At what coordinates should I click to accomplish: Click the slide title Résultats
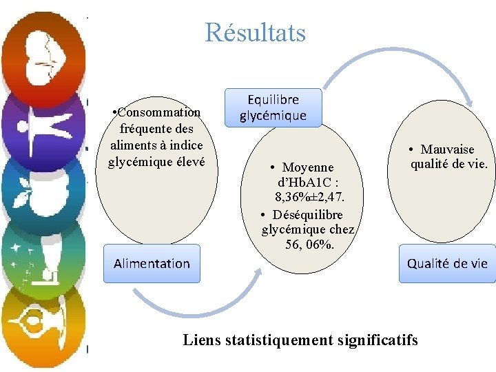point(255,32)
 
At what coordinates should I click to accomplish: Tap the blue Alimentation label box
point(152,263)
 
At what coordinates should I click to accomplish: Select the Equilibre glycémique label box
point(273,107)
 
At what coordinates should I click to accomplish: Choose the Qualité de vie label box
point(447,263)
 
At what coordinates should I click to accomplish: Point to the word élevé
point(184,162)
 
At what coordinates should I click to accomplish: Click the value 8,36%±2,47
point(309,198)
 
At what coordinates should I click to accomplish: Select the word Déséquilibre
point(308,214)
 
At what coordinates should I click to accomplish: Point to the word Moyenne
point(308,167)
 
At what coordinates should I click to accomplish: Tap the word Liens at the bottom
point(202,340)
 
